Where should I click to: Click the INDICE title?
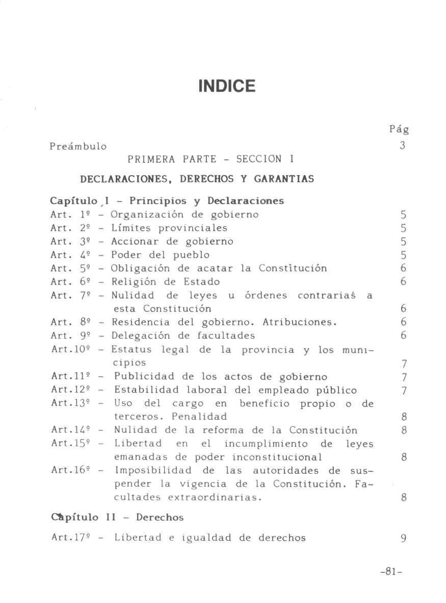point(226,86)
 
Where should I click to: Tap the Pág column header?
point(399,130)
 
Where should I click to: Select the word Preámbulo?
point(78,147)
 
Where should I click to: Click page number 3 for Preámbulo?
point(402,146)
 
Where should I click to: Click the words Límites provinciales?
point(169,228)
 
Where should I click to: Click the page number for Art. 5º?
point(403,269)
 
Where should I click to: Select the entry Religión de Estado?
point(166,282)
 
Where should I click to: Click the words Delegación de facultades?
point(183,336)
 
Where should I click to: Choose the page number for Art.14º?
point(403,430)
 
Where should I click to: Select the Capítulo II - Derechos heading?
point(117,518)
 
